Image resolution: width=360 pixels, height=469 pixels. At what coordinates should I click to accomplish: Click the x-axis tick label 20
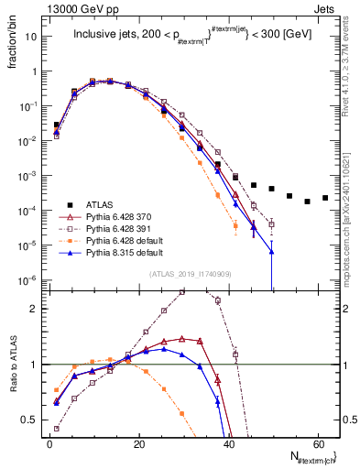[x=138, y=445]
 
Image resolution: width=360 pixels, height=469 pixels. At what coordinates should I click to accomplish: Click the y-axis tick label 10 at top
[x=32, y=37]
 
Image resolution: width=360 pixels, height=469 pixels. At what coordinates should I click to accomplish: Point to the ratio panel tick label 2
[x=35, y=309]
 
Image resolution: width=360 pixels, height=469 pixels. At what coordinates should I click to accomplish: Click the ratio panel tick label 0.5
[x=31, y=420]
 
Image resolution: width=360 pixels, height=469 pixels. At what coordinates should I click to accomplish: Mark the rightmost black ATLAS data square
[x=325, y=198]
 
